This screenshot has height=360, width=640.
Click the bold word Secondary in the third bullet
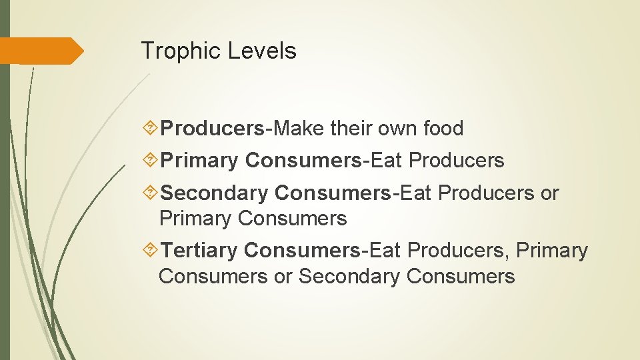pos(214,193)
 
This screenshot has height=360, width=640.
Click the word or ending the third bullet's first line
pos(549,193)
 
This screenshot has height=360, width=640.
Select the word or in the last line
pos(283,276)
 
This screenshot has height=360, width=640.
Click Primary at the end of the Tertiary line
pos(553,251)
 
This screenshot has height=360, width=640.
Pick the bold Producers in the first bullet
pos(213,128)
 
